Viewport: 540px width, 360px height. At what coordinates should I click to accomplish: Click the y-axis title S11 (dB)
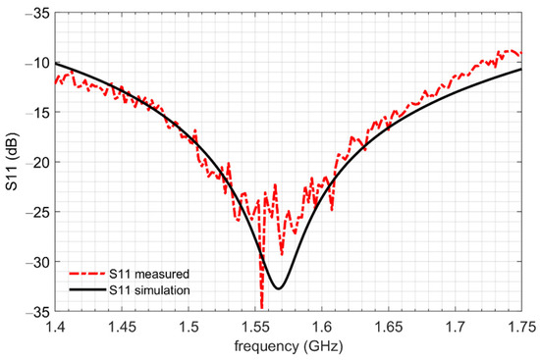pos(13,162)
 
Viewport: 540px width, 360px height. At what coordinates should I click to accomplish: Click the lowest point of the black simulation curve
pos(279,288)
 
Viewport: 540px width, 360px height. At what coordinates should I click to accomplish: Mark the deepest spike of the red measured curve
pos(262,308)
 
